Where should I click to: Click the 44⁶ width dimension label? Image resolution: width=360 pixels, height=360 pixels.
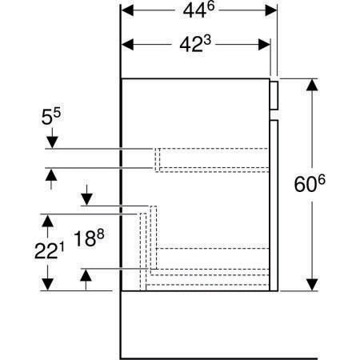click(198, 10)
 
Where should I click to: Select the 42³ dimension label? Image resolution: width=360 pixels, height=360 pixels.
click(195, 44)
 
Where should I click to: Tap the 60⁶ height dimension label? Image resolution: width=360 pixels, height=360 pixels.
click(310, 184)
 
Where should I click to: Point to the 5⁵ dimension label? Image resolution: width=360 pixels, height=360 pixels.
click(51, 117)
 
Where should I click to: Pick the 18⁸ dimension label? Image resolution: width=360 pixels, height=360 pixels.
click(89, 238)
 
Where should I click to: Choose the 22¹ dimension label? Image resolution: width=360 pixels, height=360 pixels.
click(50, 251)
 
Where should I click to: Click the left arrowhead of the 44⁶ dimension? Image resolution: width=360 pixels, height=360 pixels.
click(127, 10)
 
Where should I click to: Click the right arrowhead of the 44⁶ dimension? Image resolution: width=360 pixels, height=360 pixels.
click(271, 10)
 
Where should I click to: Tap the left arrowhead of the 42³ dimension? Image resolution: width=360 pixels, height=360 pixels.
click(127, 45)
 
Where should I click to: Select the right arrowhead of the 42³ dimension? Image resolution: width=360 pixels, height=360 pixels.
click(264, 45)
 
